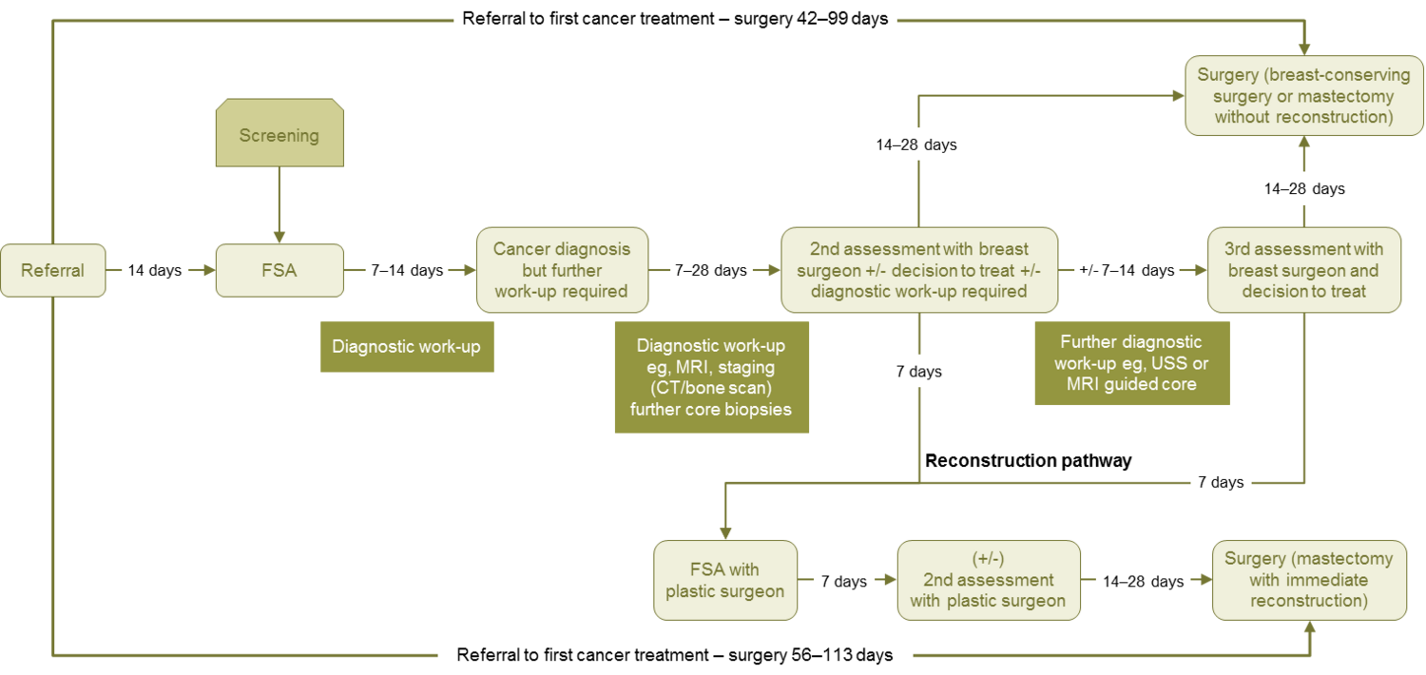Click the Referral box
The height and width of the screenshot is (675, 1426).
52,270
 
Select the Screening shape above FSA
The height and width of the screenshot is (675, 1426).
279,136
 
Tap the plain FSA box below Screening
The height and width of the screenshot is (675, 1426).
279,270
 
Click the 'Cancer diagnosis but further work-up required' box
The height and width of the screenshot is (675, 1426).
562,270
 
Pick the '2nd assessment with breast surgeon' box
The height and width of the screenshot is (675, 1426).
918,270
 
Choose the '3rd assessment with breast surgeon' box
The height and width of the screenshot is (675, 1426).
1303,270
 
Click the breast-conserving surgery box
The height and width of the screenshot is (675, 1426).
1295,95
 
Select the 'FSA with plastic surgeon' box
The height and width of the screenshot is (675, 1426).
725,580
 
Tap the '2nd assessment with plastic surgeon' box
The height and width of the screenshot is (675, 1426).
988,580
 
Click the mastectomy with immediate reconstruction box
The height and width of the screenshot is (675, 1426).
1308,580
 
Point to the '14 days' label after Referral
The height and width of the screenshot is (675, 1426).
154,270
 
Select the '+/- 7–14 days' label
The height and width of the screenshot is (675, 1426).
1127,270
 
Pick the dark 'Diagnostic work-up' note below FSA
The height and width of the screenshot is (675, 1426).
406,346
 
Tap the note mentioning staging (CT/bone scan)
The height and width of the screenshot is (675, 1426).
711,376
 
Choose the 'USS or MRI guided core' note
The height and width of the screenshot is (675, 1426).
1131,363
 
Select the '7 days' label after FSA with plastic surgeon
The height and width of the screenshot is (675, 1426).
844,581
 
